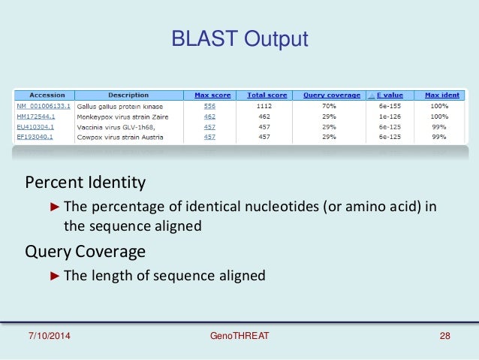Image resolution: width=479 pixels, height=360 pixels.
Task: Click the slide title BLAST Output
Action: (x=239, y=38)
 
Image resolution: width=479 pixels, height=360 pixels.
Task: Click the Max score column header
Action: (x=212, y=95)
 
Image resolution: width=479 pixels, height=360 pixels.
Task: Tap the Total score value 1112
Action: (x=264, y=107)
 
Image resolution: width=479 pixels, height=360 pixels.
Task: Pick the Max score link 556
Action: (x=210, y=107)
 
